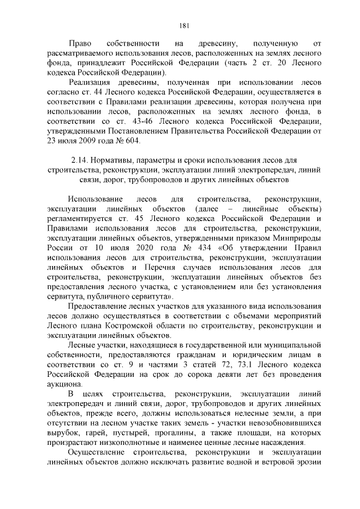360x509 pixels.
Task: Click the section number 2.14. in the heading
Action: coord(83,161)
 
